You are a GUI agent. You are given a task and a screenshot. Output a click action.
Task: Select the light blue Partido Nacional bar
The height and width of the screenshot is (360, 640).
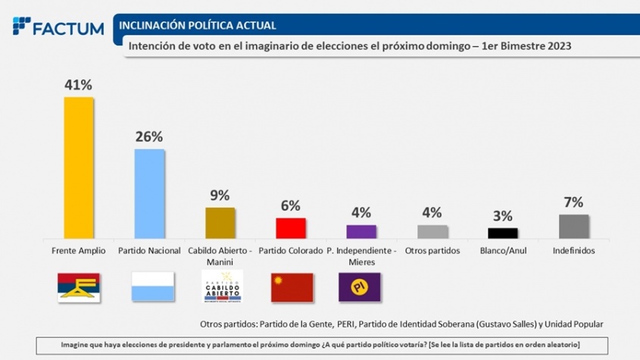(149, 193)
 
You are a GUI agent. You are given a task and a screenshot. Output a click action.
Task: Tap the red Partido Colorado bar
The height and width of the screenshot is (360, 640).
(290, 228)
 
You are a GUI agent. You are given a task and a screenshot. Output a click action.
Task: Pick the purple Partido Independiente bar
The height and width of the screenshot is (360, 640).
(361, 231)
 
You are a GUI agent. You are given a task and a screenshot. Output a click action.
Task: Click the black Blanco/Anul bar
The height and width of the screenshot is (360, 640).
(503, 233)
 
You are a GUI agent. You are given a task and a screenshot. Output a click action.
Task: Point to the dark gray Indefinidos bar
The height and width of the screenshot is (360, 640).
(573, 226)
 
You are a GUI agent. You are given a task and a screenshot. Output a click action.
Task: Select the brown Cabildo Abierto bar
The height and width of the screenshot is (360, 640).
(220, 223)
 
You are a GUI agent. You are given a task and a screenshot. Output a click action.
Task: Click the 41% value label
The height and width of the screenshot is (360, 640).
(79, 85)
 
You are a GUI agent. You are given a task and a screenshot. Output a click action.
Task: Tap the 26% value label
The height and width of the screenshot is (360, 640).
(149, 136)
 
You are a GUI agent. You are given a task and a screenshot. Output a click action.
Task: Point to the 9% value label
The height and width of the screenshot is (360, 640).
(220, 195)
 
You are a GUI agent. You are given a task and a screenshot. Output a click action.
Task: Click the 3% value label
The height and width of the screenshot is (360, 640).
(503, 216)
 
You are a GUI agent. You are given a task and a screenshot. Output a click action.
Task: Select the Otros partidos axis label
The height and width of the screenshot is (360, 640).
(432, 250)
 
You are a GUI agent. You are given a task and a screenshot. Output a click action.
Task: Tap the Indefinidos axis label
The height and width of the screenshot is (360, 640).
(573, 250)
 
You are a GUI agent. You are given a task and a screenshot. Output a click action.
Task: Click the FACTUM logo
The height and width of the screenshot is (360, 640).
(58, 27)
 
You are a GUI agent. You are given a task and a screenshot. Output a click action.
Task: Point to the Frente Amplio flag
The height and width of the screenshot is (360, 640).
(79, 288)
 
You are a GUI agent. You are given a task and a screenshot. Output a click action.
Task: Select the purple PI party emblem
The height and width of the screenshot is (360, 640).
(360, 288)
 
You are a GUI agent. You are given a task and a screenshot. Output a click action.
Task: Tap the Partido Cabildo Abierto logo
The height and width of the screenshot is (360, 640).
(223, 288)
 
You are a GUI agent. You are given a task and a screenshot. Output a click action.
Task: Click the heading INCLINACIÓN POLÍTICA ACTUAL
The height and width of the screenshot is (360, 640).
(198, 26)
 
